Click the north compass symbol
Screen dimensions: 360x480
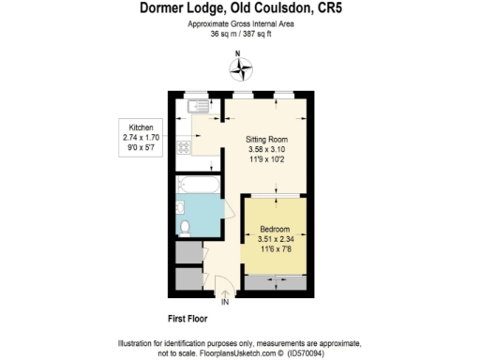click(x=242, y=68)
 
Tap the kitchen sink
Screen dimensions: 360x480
click(x=197, y=108)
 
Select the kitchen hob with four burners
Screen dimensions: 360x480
click(x=185, y=145)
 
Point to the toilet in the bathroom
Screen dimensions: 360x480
click(x=185, y=226)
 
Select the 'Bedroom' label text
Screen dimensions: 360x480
click(x=275, y=229)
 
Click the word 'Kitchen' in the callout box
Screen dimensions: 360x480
click(x=141, y=127)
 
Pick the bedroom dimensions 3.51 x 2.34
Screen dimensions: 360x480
click(x=275, y=238)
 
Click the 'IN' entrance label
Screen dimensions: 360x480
click(x=225, y=302)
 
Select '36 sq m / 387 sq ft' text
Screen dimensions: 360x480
click(x=242, y=33)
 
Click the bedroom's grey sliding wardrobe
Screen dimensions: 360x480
click(x=275, y=280)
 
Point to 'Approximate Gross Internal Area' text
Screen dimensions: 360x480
click(x=242, y=23)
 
